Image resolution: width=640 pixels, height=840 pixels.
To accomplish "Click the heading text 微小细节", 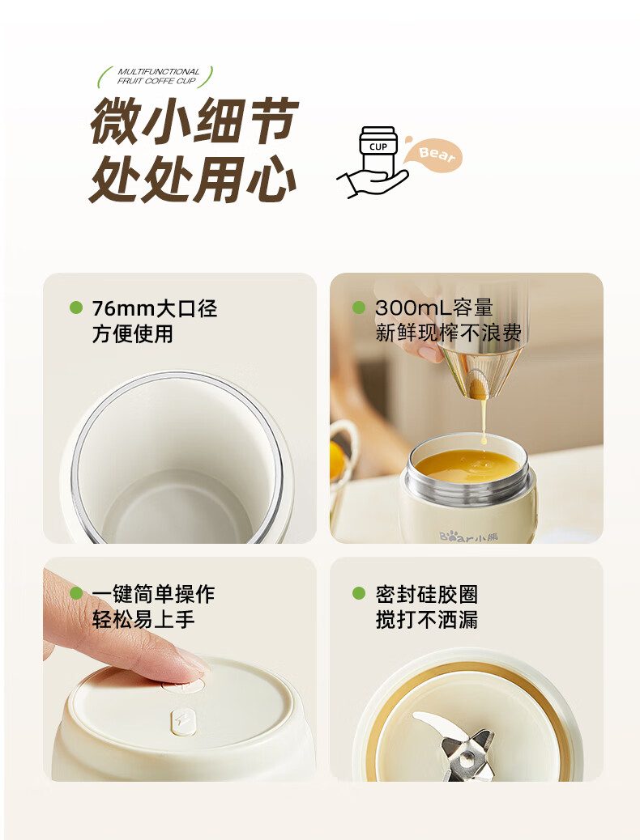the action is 194,121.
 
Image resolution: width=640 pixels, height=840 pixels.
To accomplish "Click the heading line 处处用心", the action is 193,179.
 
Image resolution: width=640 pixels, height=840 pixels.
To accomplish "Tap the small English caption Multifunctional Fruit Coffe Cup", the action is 157,76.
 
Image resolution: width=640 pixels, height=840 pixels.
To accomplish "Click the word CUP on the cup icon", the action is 378,146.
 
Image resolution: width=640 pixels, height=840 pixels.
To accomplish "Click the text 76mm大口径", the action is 155,308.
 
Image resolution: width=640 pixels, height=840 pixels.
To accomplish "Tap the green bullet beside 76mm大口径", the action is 76,308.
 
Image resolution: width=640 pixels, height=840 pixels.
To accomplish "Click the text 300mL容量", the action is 434,308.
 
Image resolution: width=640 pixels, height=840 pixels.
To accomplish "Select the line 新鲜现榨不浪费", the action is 448,333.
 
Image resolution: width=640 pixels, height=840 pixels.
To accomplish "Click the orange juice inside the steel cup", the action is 467,465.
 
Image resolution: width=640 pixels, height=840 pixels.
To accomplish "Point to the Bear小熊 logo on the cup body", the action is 468,536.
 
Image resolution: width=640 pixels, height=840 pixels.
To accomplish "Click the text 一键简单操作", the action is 153,594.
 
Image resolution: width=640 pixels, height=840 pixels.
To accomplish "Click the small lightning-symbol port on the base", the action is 180,720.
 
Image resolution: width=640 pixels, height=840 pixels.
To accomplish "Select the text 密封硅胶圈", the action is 426,594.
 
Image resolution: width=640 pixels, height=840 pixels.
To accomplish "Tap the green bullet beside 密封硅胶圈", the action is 359,593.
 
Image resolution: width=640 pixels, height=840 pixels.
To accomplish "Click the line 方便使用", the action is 133,333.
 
